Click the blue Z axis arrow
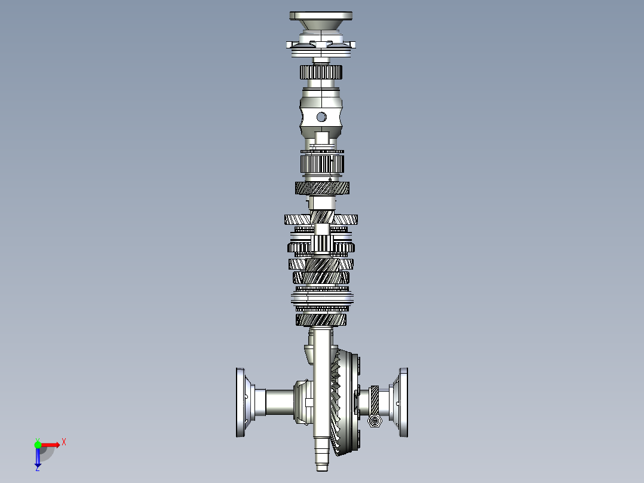[x=38, y=457]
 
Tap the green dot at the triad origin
[x=38, y=444]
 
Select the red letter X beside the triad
[x=63, y=442]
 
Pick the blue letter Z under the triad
[x=37, y=469]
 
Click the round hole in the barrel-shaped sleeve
[x=321, y=117]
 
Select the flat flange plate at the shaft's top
[x=321, y=16]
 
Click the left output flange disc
[x=241, y=402]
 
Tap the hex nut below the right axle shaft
[x=375, y=422]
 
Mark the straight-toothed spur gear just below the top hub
[x=321, y=72]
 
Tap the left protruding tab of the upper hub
[x=290, y=45]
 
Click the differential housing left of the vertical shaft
[x=303, y=401]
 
